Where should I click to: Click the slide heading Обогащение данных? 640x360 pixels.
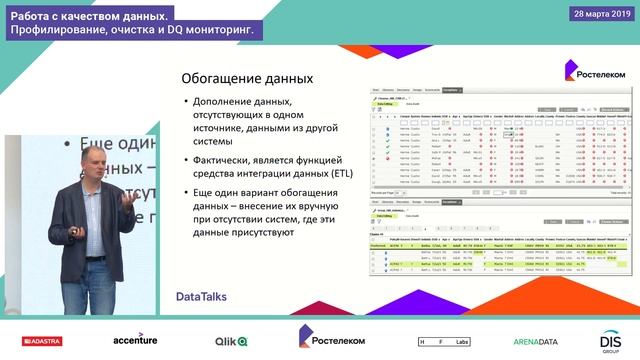click(246, 79)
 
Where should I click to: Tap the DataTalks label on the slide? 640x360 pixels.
click(203, 297)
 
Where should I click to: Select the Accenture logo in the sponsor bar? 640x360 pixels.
click(135, 340)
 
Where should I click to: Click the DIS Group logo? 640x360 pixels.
click(611, 340)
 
